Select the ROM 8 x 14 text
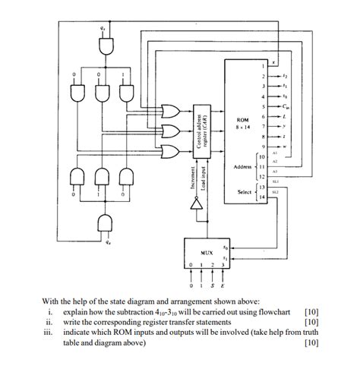click(242, 123)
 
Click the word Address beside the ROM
click(242, 166)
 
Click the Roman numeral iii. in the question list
click(47, 332)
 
